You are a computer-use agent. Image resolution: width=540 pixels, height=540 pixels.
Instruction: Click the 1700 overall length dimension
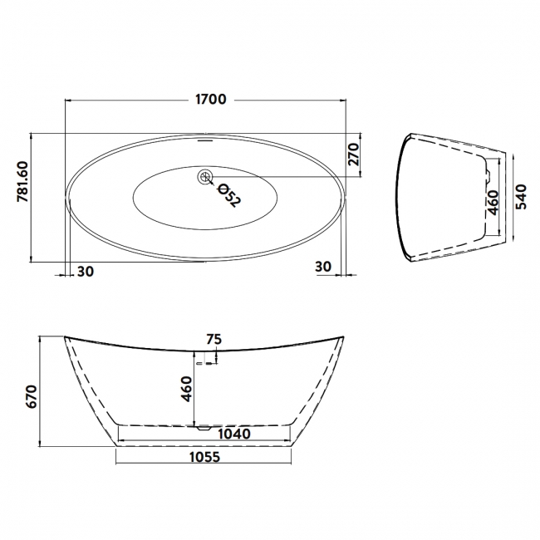210,100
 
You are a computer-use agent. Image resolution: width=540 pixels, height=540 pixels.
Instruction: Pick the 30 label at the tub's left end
85,271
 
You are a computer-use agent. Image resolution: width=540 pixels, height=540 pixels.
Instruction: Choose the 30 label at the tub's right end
325,266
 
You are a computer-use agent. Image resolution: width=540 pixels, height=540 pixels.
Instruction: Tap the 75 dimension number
214,339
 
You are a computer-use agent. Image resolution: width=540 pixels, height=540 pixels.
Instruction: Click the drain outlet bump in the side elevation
203,429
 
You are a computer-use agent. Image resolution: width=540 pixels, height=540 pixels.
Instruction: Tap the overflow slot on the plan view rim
205,140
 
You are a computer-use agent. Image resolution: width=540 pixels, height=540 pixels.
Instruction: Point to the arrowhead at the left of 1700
68,100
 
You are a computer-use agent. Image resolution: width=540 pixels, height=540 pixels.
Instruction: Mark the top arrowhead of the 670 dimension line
40,339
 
